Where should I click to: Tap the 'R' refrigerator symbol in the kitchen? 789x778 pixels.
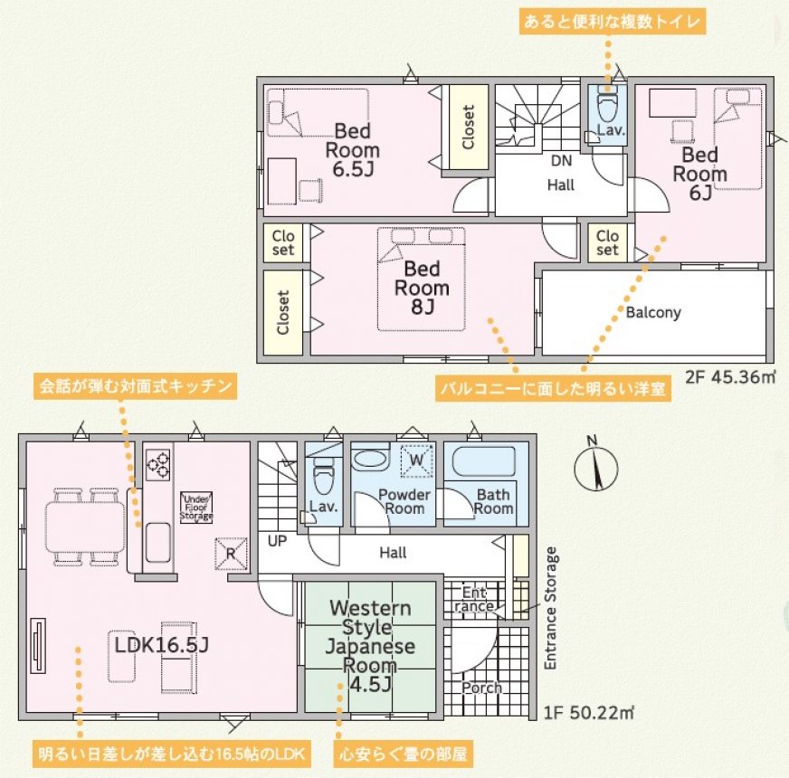231,554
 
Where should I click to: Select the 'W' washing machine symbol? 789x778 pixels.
416,460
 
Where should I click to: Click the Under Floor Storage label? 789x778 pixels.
196,508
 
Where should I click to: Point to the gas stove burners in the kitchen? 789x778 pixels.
158,464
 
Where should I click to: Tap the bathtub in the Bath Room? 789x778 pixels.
483,461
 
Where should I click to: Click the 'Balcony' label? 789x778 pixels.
653,312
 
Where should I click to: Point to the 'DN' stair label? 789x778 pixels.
561,160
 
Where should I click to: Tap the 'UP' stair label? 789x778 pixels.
277,542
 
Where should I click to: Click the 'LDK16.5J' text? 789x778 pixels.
162,645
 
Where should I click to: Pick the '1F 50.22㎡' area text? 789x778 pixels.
588,713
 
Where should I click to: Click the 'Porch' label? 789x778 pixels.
481,688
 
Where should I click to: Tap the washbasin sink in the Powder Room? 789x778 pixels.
370,459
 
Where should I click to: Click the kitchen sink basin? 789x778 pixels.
158,543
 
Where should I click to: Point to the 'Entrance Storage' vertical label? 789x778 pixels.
552,608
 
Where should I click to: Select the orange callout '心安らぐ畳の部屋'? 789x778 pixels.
404,754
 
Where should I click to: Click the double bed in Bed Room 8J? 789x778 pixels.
421,280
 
